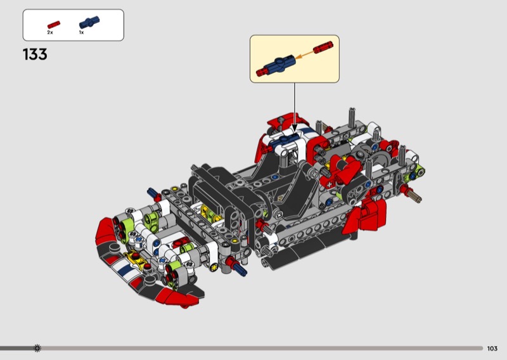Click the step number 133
(x=35, y=55)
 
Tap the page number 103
(x=492, y=349)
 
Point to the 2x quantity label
(x=50, y=32)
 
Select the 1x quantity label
(x=82, y=32)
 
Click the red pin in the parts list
(x=54, y=25)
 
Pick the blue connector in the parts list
(x=89, y=22)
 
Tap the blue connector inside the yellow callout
(x=279, y=64)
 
